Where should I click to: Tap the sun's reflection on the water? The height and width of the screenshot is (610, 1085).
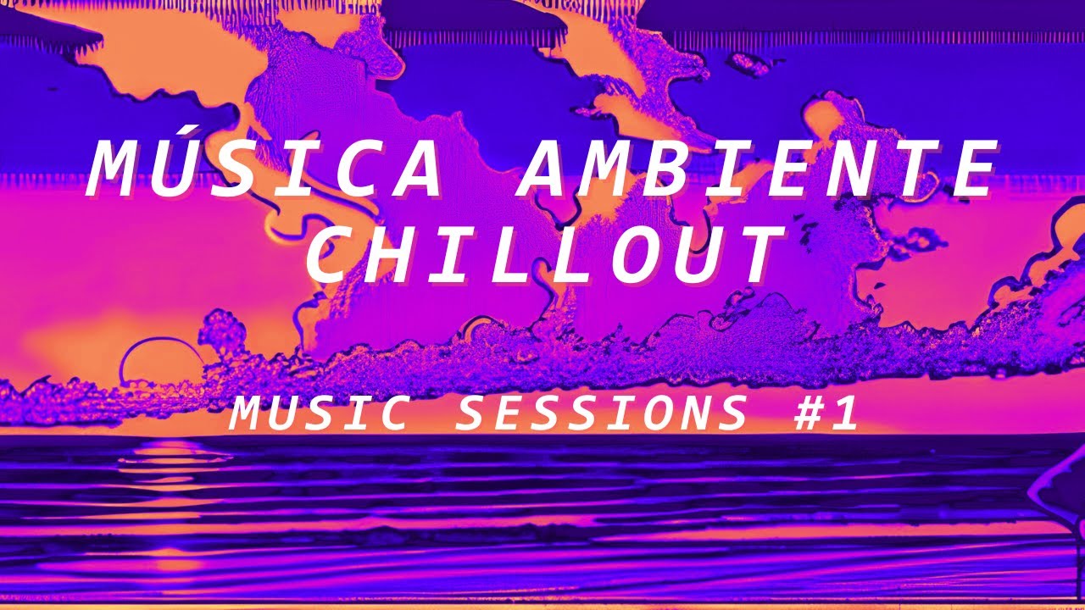tap(166, 462)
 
